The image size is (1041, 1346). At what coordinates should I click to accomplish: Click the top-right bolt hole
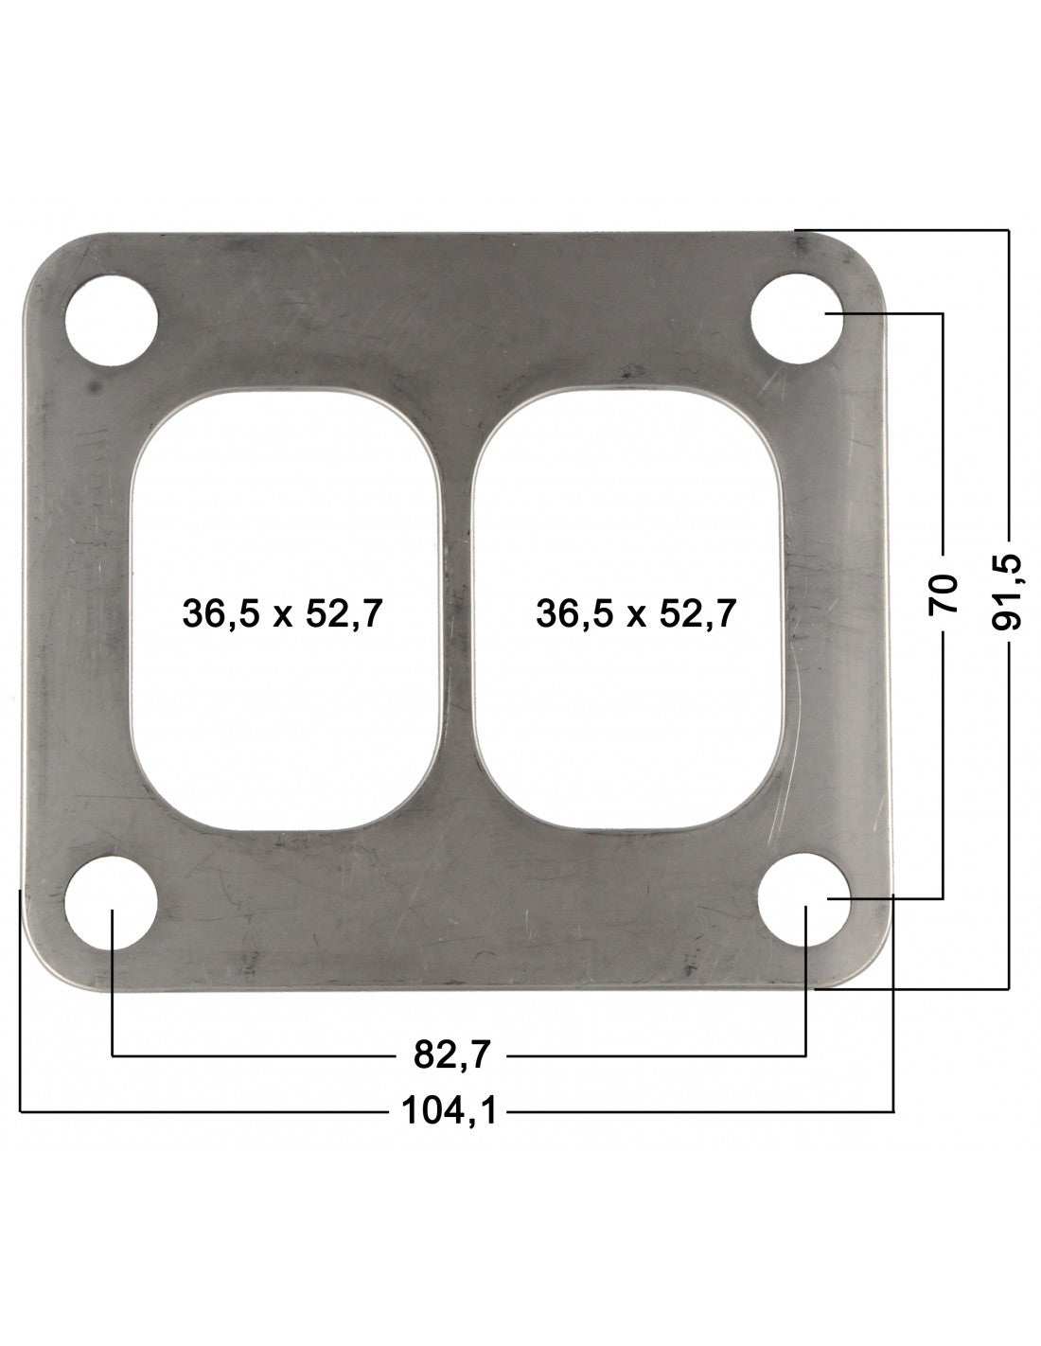click(x=797, y=320)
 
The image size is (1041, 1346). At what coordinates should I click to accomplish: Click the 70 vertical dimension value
click(x=944, y=593)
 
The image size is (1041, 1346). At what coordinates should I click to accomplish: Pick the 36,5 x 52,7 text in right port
click(x=635, y=614)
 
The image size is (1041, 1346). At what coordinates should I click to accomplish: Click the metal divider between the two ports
click(x=458, y=606)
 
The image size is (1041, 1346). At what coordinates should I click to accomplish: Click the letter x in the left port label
click(x=282, y=617)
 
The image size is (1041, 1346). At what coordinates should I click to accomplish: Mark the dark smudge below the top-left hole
click(x=92, y=387)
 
